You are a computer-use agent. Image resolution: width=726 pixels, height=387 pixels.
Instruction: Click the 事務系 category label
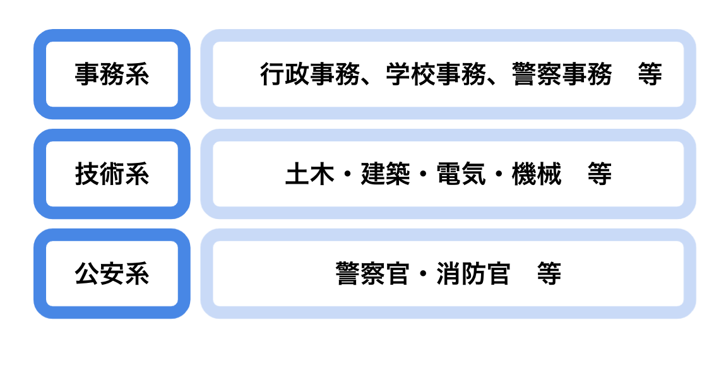click(112, 74)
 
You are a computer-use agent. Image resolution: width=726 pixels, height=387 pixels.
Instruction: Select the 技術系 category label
click(112, 174)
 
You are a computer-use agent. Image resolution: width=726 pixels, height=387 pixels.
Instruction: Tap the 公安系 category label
click(112, 273)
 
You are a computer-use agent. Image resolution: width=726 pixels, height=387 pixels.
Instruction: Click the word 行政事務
click(310, 74)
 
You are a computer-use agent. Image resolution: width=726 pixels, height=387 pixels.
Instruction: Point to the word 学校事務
click(436, 74)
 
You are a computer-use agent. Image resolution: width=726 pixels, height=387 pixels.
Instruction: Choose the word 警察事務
click(562, 74)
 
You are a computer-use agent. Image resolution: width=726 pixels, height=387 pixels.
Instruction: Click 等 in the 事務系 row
click(650, 74)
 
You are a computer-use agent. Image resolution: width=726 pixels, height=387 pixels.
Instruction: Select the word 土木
click(310, 174)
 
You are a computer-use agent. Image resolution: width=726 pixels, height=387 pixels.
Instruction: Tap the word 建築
click(385, 174)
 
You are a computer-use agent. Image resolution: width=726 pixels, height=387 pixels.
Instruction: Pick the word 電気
click(461, 174)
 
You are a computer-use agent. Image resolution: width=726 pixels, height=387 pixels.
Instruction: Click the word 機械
click(537, 174)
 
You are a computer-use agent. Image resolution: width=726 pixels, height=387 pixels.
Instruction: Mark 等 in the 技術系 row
click(600, 174)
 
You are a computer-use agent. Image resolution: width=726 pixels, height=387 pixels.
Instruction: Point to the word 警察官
click(372, 273)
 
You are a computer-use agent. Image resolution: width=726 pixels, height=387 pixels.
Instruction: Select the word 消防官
click(473, 273)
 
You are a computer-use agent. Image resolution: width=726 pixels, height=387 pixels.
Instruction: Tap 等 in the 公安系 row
click(549, 273)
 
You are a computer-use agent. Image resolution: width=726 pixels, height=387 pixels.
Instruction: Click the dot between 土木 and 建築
click(348, 174)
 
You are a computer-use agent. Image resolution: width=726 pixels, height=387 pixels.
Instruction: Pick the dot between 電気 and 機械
click(499, 174)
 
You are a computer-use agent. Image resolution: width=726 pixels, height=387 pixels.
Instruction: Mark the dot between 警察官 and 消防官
click(423, 274)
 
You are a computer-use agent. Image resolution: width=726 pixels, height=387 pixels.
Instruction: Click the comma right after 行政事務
click(366, 82)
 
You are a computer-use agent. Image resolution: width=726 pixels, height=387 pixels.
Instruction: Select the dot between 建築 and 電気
click(423, 174)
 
